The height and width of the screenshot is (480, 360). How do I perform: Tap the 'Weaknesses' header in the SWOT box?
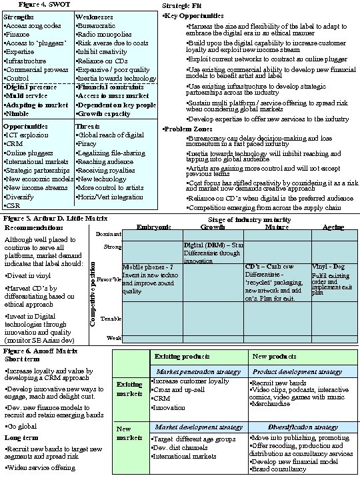tap(94, 15)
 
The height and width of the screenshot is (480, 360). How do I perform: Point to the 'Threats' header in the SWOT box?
tap(88, 126)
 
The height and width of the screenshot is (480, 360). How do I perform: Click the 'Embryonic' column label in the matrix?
tap(155, 227)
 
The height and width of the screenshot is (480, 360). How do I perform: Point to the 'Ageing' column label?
tap(333, 227)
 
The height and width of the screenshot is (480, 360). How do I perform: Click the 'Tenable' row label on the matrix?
tap(111, 319)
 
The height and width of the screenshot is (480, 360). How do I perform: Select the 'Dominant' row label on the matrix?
tap(109, 234)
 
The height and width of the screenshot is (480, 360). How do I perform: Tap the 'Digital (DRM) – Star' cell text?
tap(214, 245)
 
